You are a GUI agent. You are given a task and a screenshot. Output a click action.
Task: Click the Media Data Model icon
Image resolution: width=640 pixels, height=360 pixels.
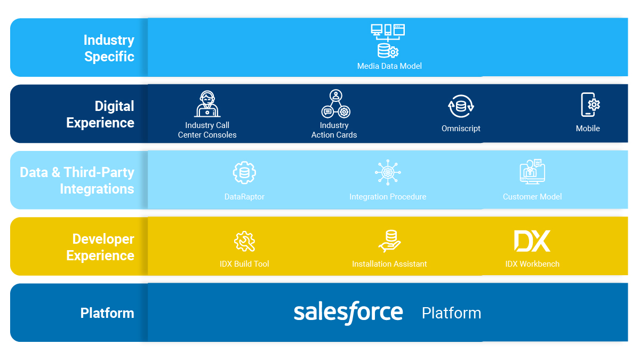388,41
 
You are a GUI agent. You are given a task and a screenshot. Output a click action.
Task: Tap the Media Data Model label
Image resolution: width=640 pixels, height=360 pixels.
389,66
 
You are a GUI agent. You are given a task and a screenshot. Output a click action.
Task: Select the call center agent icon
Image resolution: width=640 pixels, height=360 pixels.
207,103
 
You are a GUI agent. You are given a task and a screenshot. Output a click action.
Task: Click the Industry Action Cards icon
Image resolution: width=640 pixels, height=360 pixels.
335,103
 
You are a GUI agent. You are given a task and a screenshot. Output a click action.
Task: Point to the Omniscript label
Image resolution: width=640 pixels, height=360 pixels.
461,129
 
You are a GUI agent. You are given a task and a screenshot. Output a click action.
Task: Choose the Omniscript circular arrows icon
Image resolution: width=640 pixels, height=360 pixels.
461,106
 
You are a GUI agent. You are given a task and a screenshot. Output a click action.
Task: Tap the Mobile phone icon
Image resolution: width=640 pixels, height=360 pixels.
590,105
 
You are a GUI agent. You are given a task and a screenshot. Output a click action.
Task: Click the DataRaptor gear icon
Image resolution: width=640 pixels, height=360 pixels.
244,172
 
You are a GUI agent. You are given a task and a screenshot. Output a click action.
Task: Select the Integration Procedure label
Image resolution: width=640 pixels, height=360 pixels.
388,197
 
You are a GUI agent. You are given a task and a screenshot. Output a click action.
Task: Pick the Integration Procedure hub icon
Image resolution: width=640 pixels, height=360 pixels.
388,172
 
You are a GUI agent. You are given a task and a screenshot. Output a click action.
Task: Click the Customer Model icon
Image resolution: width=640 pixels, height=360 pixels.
532,171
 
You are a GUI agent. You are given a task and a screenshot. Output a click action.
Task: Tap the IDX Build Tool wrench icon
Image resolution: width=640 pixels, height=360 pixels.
245,242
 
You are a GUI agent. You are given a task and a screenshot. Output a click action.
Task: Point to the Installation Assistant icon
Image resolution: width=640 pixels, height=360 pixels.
389,241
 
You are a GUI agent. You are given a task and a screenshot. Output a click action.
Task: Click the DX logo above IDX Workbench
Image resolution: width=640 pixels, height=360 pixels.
532,241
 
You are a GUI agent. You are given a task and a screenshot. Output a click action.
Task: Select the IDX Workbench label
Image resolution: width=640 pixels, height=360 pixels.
532,263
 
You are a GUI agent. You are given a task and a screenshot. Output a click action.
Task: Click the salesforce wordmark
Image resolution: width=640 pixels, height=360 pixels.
348,313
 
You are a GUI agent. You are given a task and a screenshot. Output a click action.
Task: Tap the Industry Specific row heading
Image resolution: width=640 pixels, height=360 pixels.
109,48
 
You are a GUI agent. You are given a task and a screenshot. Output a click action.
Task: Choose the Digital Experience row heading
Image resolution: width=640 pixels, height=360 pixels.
100,114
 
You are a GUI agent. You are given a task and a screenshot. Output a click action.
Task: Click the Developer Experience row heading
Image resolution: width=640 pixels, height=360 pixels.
100,247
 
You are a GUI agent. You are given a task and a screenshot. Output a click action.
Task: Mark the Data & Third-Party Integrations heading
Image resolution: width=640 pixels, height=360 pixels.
77,181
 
